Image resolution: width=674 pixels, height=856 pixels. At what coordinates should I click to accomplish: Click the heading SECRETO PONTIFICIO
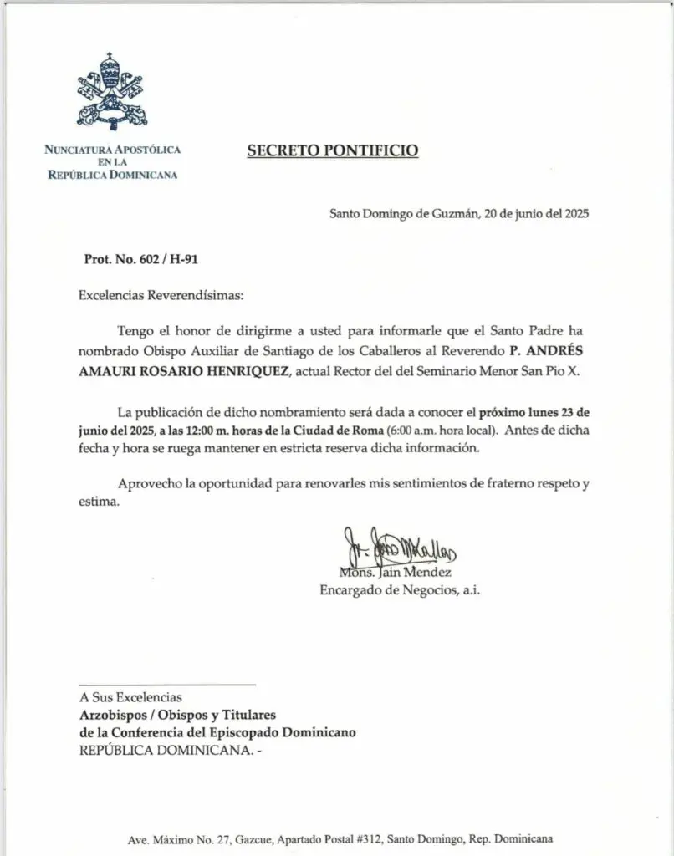[x=332, y=150]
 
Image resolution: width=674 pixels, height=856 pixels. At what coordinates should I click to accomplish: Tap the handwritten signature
[x=400, y=549]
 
